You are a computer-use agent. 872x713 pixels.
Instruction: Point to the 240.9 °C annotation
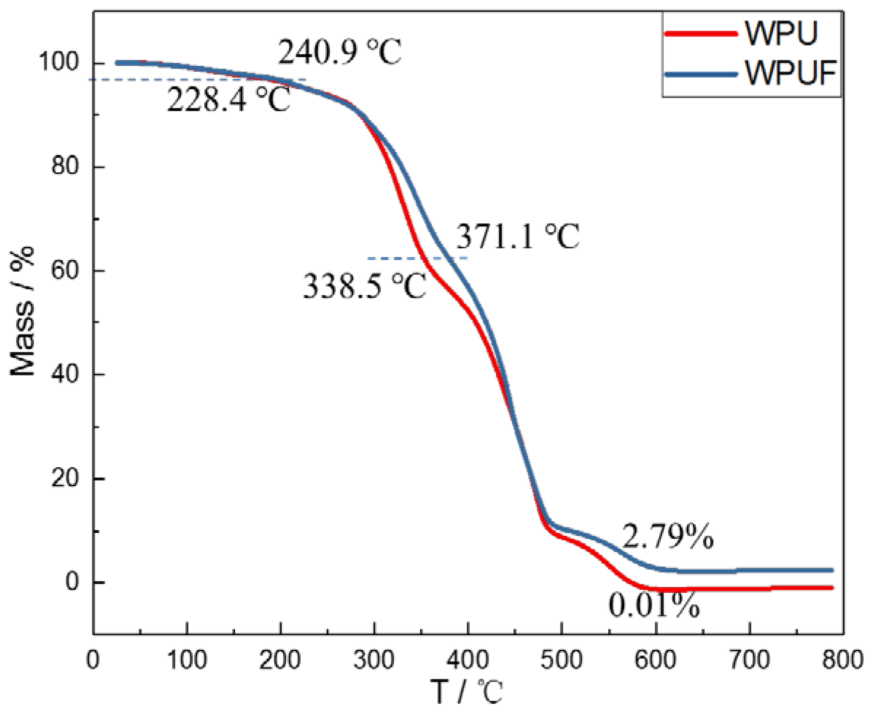tap(340, 52)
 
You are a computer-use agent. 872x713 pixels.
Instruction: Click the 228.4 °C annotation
tap(228, 100)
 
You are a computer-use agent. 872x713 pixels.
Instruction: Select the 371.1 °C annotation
tap(518, 237)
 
